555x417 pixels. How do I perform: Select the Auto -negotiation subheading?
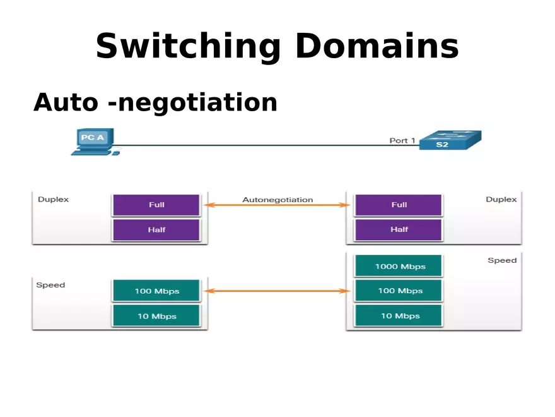tap(155, 102)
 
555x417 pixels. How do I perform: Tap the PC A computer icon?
tap(94, 142)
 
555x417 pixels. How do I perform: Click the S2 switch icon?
tap(450, 140)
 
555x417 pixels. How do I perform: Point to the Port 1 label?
tap(402, 140)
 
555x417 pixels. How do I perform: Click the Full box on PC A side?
tap(156, 205)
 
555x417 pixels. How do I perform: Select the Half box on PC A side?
tap(156, 230)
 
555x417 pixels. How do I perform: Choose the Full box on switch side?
tap(399, 205)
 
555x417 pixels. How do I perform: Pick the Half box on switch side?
tap(399, 230)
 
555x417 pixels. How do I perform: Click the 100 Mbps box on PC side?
tap(156, 291)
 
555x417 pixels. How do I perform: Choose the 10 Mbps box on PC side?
tap(156, 316)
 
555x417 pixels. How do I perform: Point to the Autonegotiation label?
tap(277, 200)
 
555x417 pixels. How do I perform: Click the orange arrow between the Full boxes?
tap(277, 205)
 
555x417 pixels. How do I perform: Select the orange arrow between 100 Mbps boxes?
tap(277, 291)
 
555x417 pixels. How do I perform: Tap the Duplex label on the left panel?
tap(54, 199)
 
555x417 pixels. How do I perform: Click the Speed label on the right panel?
tap(502, 260)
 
